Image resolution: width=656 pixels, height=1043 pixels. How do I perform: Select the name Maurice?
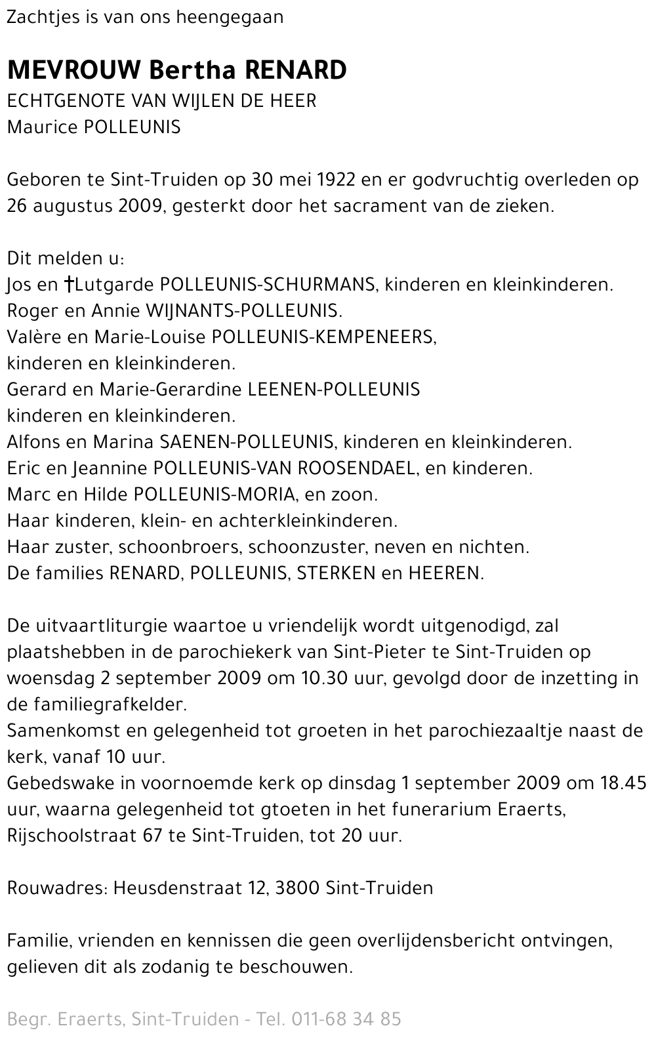[42, 127]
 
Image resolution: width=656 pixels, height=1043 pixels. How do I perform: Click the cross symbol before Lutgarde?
[69, 285]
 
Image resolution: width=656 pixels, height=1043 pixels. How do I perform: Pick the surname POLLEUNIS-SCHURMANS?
[268, 285]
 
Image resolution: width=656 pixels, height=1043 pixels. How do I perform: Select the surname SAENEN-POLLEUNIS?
[247, 442]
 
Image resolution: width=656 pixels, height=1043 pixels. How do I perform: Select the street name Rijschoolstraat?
[73, 836]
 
